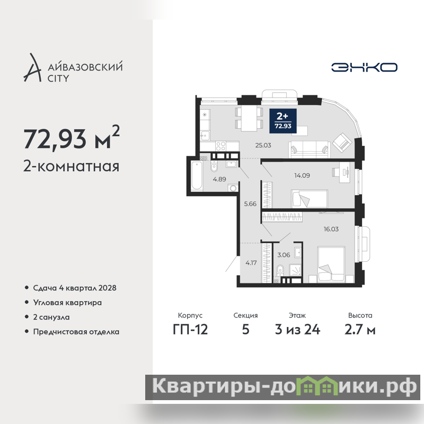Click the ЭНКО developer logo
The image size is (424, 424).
coord(364,67)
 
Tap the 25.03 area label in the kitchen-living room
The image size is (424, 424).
coord(263,145)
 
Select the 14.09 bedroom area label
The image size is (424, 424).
coord(302,175)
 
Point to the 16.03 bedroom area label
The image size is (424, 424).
coord(331,229)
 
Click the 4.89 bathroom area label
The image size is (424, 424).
coord(219,179)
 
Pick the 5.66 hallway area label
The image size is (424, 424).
coord(250,204)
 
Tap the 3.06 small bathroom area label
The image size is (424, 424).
coord(284,255)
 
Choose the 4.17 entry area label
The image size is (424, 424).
coord(251,262)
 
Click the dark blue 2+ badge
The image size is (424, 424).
coord(283,121)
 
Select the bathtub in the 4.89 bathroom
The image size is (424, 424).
coord(197,175)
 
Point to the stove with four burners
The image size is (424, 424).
coord(220,146)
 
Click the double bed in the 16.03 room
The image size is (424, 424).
coord(331,264)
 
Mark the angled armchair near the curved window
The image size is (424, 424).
coord(342,141)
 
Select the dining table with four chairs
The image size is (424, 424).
coord(249,118)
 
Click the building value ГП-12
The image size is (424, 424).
coord(190,329)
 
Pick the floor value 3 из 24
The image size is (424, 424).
coord(297,329)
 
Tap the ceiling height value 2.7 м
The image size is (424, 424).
coord(360,329)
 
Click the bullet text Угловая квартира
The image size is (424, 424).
coord(67,303)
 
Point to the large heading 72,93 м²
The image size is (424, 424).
coord(72,138)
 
